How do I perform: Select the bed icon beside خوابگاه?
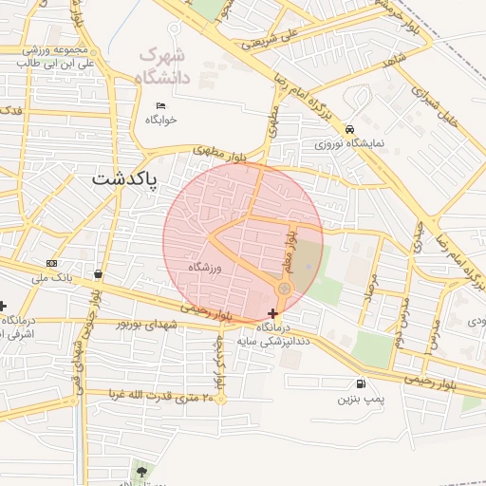click(x=160, y=104)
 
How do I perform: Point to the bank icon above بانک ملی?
click(x=51, y=263)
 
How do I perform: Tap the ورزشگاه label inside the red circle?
click(x=204, y=269)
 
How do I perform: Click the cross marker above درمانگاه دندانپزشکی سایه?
click(x=273, y=313)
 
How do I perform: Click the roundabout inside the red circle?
click(x=283, y=288)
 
